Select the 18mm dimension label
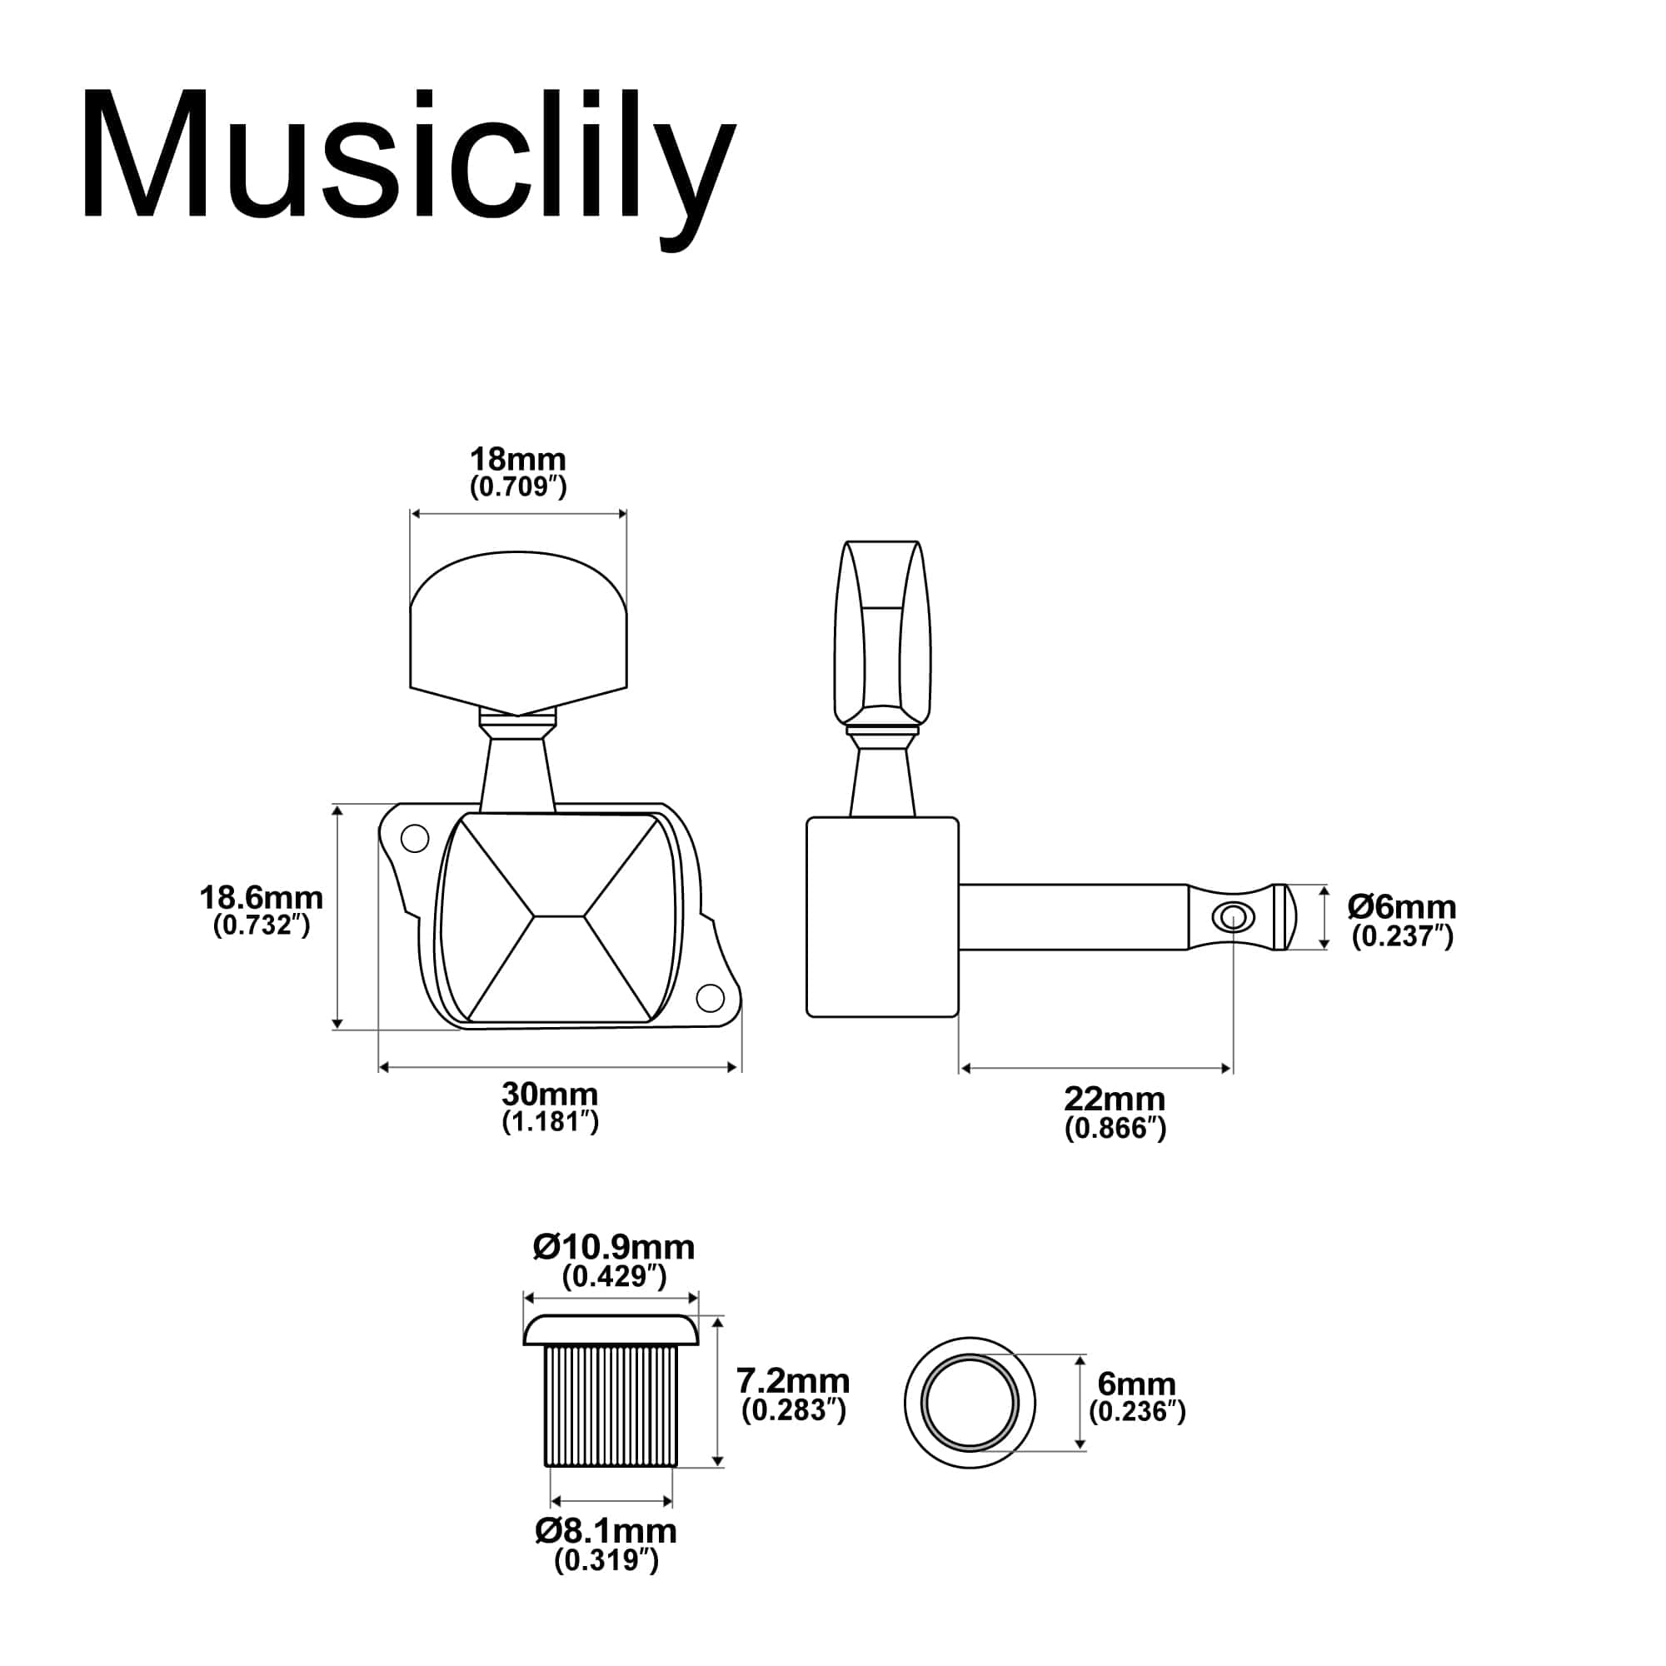pos(517,459)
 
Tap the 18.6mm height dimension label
pos(262,898)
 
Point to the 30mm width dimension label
pos(549,1095)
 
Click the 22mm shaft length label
pos(1114,1100)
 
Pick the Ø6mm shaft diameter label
pos(1402,907)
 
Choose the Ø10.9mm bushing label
pos(613,1247)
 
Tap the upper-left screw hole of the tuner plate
pos(415,838)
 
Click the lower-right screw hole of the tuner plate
pos(710,998)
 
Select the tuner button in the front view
pos(517,638)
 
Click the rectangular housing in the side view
pos(881,916)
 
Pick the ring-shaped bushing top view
pos(970,1403)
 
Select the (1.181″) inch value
pos(550,1122)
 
